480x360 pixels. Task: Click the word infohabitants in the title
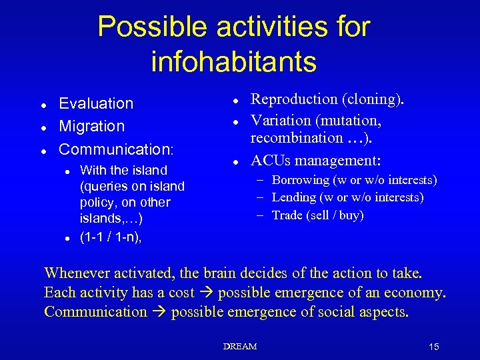click(x=233, y=61)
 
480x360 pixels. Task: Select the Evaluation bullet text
click(x=96, y=103)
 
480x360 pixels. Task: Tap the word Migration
click(x=92, y=126)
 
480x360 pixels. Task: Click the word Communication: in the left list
click(x=116, y=148)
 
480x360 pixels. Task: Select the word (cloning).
click(x=373, y=99)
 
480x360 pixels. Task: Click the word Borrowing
click(x=301, y=180)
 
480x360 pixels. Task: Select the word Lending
click(x=294, y=197)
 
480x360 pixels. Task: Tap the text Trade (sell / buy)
click(x=318, y=215)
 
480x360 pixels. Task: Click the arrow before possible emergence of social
click(x=159, y=312)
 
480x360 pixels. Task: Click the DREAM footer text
click(x=240, y=347)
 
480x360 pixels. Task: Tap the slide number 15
click(x=434, y=347)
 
